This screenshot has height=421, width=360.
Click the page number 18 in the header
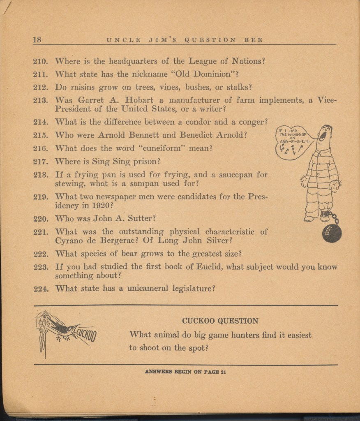click(x=37, y=40)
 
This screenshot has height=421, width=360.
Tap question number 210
click(x=41, y=62)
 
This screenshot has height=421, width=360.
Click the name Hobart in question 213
click(x=139, y=100)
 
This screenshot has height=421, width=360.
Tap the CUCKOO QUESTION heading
click(x=220, y=321)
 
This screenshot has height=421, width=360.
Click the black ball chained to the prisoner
click(x=332, y=233)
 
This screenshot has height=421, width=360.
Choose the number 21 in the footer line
click(x=223, y=372)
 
